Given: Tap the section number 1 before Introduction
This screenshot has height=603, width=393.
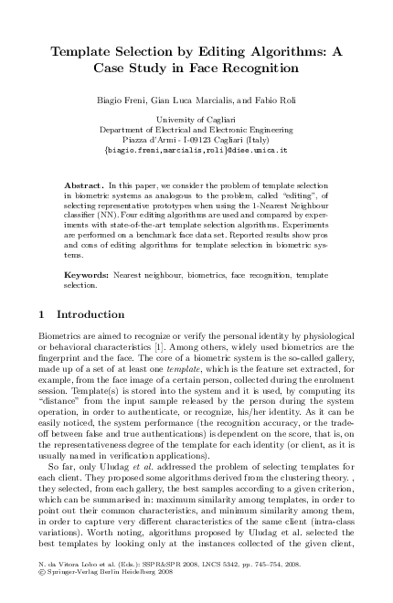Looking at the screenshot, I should coord(45,315).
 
